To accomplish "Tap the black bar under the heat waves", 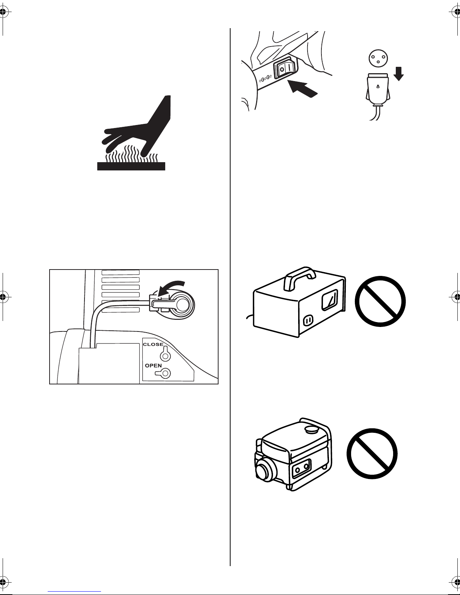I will pos(131,166).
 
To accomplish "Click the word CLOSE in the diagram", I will pos(153,344).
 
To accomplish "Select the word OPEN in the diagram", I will pos(153,365).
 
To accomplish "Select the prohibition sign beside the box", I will pos(380,301).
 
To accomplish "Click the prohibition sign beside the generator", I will pos(372,453).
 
